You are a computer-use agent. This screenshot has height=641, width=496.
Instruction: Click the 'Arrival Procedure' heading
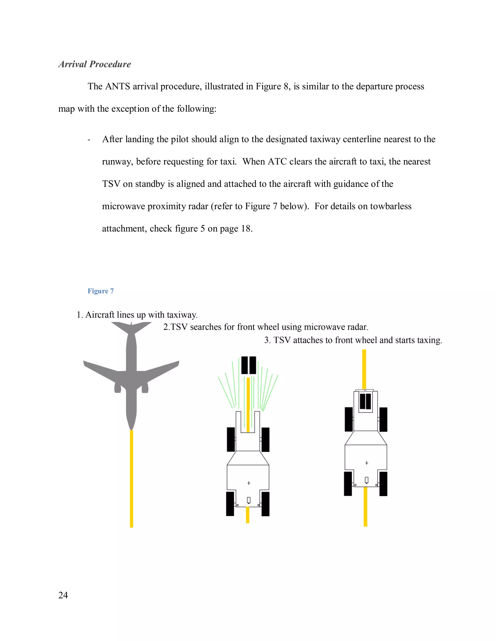point(95,64)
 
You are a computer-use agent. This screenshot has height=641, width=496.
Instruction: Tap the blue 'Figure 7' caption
point(101,291)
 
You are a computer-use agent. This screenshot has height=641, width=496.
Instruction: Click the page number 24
point(63,595)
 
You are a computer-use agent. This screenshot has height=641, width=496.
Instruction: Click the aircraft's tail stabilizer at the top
point(131,326)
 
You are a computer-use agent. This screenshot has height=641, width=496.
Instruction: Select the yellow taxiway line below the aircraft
point(131,478)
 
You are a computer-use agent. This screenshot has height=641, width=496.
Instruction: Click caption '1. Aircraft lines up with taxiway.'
point(137,315)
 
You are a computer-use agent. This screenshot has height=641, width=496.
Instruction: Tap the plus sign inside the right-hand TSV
point(366,463)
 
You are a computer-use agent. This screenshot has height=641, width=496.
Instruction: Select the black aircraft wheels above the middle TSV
point(248,365)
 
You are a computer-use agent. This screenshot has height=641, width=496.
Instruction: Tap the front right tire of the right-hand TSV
point(383,419)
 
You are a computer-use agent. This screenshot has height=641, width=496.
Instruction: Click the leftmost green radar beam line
point(226,392)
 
